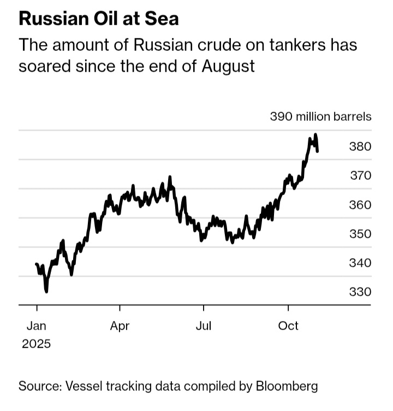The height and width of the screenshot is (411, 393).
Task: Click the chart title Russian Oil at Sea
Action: [x=98, y=19]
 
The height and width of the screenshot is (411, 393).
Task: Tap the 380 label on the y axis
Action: [x=360, y=146]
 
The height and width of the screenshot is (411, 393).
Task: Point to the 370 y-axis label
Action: [x=360, y=175]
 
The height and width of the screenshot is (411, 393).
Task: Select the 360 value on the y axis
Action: [x=360, y=205]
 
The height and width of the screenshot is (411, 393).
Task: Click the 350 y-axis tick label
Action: [x=360, y=234]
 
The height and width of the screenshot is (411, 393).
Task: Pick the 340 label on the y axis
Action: [x=360, y=263]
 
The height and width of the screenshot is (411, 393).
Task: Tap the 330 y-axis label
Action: [x=360, y=292]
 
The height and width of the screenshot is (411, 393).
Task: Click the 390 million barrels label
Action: [x=321, y=116]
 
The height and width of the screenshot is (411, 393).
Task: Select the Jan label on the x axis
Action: [x=37, y=326]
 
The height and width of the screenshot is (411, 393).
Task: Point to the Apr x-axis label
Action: [x=120, y=326]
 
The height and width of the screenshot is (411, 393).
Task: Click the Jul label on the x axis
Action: [x=204, y=326]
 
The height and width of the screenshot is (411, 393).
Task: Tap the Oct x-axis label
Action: [x=288, y=326]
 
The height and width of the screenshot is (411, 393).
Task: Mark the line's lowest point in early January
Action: [x=46, y=291]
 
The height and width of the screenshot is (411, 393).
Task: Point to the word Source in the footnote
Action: [x=39, y=386]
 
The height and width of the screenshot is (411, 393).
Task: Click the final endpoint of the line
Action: [x=318, y=151]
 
